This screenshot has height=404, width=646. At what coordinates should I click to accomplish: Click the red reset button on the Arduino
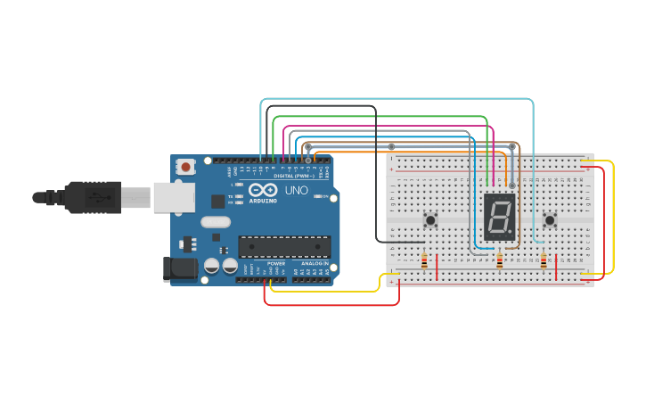point(185,166)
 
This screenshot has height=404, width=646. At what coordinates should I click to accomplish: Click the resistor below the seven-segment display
point(499,261)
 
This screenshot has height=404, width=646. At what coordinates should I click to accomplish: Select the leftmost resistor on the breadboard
point(424,261)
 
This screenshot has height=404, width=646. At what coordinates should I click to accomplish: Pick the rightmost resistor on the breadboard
point(544,260)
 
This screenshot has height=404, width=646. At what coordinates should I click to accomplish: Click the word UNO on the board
point(296,191)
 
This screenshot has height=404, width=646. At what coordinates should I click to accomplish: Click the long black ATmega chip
point(284,245)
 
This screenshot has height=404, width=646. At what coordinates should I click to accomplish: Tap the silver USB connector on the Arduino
point(174,198)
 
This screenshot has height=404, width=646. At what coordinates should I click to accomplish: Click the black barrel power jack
point(181,269)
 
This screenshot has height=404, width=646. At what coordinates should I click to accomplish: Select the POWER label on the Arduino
point(276,264)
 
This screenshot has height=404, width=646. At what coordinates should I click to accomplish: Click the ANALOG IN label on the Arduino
point(313,264)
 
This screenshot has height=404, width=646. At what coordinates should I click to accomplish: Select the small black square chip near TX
point(218,202)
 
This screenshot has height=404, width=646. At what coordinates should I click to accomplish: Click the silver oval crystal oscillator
point(216,222)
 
